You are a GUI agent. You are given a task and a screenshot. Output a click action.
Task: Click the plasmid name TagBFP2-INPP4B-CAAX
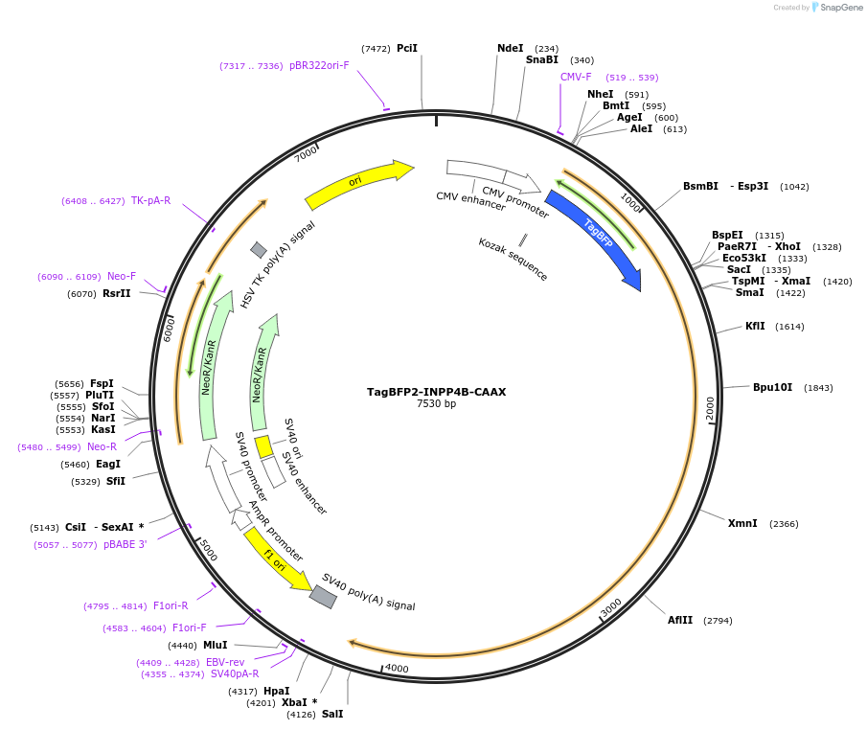coord(436,392)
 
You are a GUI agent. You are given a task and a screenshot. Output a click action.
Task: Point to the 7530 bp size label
coord(436,404)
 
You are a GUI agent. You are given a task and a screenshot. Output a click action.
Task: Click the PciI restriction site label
coord(407,48)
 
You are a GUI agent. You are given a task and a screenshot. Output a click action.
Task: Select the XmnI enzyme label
coord(742,523)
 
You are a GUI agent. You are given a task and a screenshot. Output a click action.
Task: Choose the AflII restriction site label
coord(681,620)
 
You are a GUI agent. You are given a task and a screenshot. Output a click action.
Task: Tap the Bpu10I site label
coord(772,387)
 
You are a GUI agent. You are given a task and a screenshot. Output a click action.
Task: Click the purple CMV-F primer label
coord(576,77)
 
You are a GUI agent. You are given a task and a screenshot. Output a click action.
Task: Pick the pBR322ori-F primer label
coord(319,66)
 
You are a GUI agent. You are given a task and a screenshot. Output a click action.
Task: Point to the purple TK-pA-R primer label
coord(150,200)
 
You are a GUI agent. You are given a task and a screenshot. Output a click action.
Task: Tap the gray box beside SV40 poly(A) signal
coord(323,596)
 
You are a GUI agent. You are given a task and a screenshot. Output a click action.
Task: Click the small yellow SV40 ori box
coord(263,446)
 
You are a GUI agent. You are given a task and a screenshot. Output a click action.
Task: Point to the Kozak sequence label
coord(513,259)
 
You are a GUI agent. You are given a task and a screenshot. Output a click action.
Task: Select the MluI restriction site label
coord(215,645)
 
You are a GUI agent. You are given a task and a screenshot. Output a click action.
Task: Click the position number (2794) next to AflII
coord(718,621)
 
